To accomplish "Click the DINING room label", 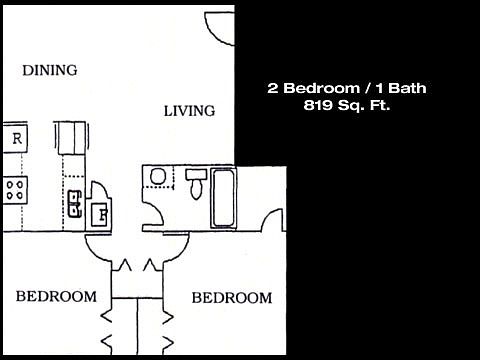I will [x=50, y=70].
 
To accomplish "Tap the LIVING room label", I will [x=189, y=111].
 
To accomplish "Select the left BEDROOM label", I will [x=57, y=297].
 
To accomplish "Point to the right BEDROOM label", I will [x=231, y=298].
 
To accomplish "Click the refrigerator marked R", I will [x=17, y=138].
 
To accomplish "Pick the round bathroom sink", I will [x=157, y=178].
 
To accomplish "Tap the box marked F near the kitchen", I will [x=101, y=213].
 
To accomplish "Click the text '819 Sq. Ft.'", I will [x=346, y=107].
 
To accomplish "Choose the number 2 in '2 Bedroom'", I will [x=272, y=88].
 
